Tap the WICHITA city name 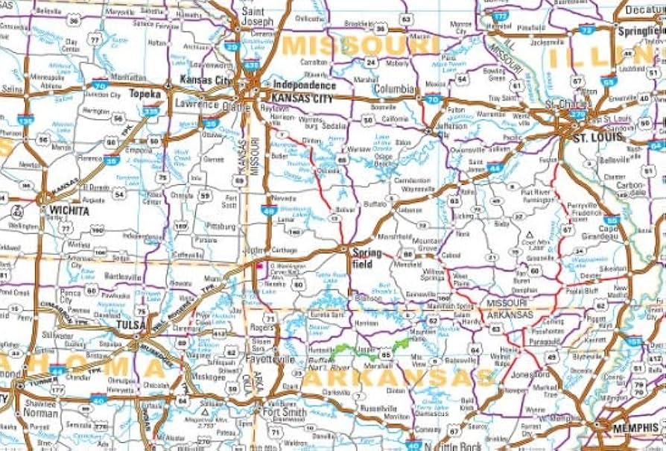pos(69,210)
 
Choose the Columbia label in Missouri pos(393,89)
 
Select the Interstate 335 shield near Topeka pos(151,112)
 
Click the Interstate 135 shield pos(26,119)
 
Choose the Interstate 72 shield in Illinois pos(587,30)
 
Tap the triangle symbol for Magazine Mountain pos(205,409)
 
